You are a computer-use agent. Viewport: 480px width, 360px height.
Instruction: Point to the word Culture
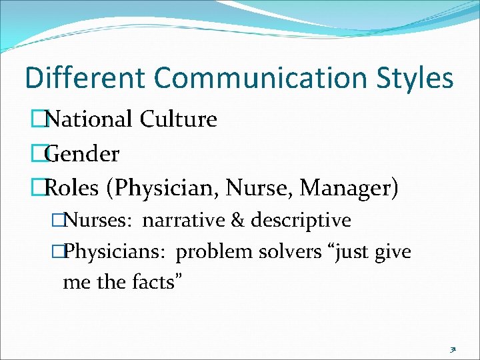click(x=179, y=120)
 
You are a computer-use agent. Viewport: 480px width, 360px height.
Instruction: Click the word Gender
click(x=81, y=155)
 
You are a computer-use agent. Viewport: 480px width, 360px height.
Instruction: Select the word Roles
click(x=72, y=189)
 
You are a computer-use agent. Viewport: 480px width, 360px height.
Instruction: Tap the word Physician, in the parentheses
click(x=162, y=189)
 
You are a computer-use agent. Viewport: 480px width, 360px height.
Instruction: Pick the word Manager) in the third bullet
click(x=349, y=189)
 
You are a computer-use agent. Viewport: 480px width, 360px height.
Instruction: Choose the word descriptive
click(x=300, y=220)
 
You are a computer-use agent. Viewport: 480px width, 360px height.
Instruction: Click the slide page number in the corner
click(x=452, y=349)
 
